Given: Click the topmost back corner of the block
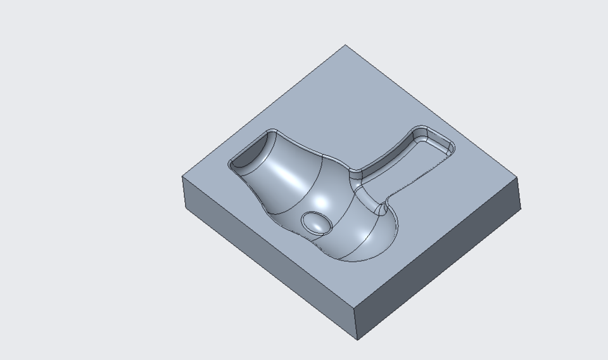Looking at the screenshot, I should pos(345,45).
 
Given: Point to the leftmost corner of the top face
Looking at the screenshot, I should pos(183,176).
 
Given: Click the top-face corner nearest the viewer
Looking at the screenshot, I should pos(353,305).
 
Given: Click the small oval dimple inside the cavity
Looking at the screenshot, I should pos(316,222).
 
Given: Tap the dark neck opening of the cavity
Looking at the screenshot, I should pos(250,152).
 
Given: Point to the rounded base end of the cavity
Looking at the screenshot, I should pos(374,244).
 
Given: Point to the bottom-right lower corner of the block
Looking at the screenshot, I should pos(521,210).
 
